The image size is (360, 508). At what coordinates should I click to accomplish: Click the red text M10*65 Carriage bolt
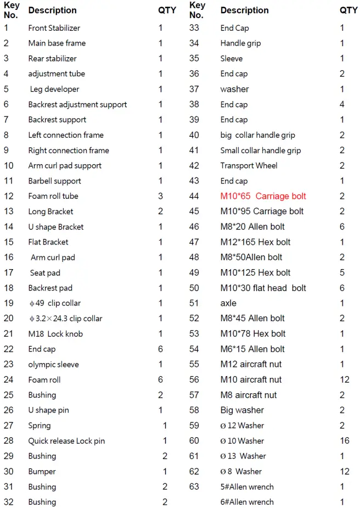[263, 196]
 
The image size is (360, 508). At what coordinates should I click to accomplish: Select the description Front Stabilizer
[54, 28]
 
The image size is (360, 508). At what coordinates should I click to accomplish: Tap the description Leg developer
[54, 89]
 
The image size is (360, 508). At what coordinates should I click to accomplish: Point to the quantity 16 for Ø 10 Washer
[344, 440]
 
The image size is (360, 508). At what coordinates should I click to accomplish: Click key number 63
[194, 487]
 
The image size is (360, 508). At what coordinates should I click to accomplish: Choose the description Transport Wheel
[249, 165]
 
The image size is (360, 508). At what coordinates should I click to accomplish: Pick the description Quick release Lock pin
[66, 440]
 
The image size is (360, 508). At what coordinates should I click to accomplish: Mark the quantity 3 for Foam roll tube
[161, 196]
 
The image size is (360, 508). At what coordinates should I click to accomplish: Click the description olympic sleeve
[54, 364]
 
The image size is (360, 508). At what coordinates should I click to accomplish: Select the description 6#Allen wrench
[247, 502]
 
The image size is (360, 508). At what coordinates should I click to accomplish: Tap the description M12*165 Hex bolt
[256, 242]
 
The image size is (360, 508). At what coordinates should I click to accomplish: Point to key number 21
[9, 334]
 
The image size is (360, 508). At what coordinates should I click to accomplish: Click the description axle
[228, 303]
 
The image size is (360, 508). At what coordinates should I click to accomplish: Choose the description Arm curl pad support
[65, 165]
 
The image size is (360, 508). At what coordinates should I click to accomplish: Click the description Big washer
[242, 410]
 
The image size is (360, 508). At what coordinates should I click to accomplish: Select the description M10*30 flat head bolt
[263, 288]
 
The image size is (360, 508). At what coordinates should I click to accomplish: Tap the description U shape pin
[49, 410]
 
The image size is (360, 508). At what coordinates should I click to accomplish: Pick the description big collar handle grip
[257, 135]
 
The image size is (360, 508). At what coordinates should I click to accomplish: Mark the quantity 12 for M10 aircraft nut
[344, 379]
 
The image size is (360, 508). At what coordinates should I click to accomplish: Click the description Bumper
[42, 471]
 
